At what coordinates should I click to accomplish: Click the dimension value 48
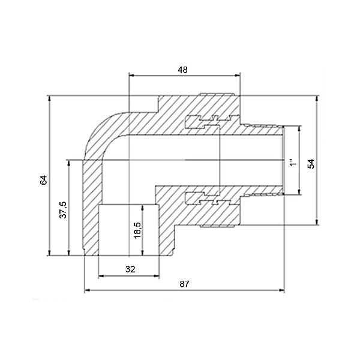tap(183, 70)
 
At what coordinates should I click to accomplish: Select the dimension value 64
tap(43, 180)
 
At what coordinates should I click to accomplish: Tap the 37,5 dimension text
tap(63, 209)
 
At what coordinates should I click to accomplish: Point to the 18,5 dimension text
tap(137, 230)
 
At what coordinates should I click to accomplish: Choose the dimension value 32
tap(130, 269)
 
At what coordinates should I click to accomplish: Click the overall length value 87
tap(184, 284)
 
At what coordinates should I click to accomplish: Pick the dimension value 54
tap(311, 164)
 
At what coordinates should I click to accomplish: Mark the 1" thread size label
tap(293, 163)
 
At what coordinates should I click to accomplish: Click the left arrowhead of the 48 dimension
tap(131, 76)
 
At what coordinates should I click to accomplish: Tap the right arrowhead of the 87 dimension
tap(282, 290)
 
